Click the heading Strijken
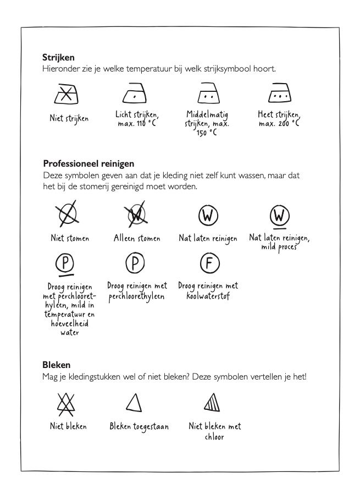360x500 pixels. click(x=58, y=57)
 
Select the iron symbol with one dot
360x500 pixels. click(x=135, y=95)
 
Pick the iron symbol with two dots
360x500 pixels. click(x=207, y=95)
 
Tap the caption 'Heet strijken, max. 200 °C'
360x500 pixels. click(x=279, y=119)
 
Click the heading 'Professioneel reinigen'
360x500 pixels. click(x=88, y=163)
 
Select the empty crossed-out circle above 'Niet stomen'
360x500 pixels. click(x=66, y=215)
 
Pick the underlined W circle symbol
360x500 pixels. click(x=279, y=216)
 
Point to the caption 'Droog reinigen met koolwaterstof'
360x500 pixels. click(x=207, y=291)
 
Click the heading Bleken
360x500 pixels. click(x=56, y=365)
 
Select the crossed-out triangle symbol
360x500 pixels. click(x=65, y=403)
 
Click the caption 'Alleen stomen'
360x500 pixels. click(x=137, y=239)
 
